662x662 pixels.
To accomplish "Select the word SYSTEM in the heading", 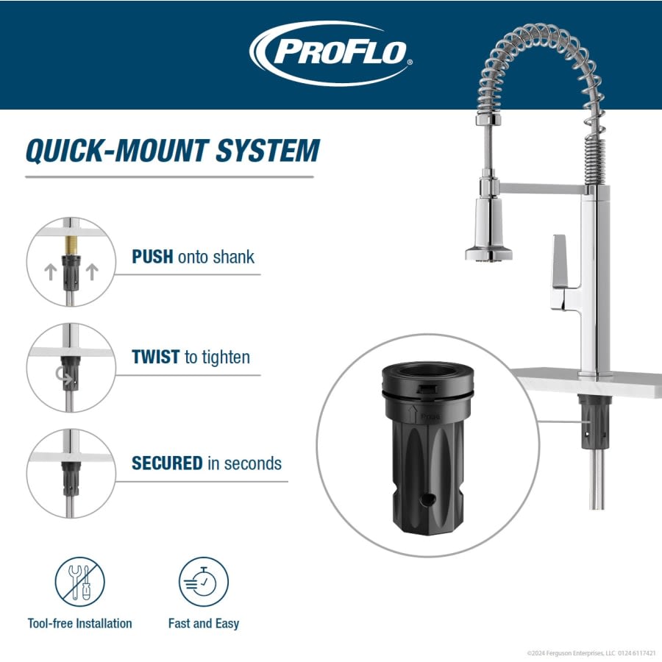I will pyautogui.click(x=268, y=150).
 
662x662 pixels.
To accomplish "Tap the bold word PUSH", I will pyautogui.click(x=152, y=257).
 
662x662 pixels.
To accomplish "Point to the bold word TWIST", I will pyautogui.click(x=155, y=357).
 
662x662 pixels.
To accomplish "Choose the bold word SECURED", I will pyautogui.click(x=166, y=463).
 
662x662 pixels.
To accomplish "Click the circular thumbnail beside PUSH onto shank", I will pyautogui.click(x=71, y=262).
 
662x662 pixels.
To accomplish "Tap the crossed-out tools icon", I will pyautogui.click(x=79, y=582).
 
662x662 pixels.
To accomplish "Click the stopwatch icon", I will pyautogui.click(x=204, y=582).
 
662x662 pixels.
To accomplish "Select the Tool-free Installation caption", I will pyautogui.click(x=79, y=624).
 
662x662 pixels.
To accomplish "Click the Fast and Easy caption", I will pyautogui.click(x=204, y=624).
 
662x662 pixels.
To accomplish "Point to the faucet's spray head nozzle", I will pyautogui.click(x=488, y=254).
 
